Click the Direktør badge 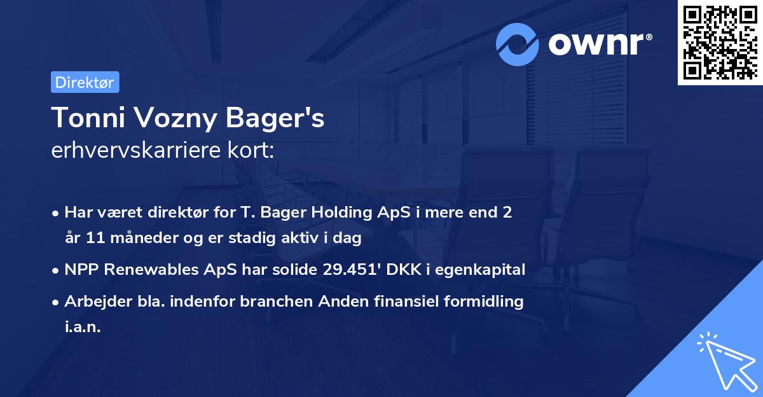click(x=85, y=82)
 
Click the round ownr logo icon click(x=518, y=44)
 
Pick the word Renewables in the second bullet click(x=140, y=270)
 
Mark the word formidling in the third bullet click(x=486, y=301)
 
